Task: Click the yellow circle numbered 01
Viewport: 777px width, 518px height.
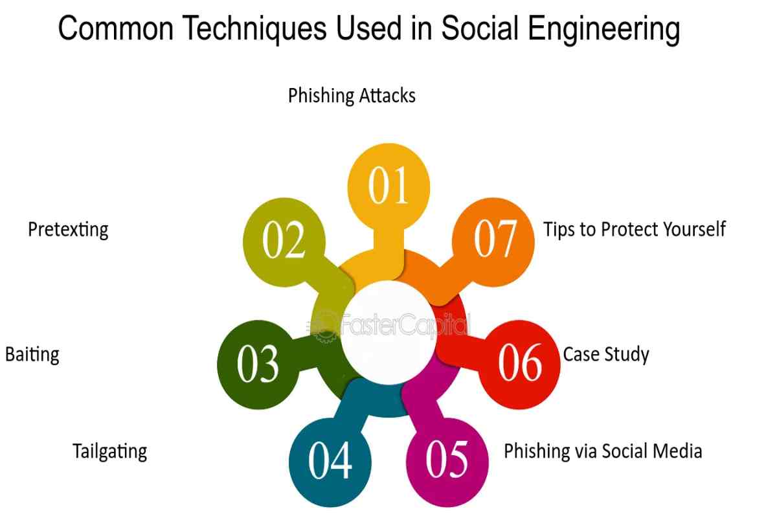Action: [388, 186]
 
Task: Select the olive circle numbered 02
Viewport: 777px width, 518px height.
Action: [284, 242]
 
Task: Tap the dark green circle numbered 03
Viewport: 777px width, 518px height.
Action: [258, 365]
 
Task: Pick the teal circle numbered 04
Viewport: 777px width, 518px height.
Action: [330, 462]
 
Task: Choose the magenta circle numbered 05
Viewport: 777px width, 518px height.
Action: [447, 462]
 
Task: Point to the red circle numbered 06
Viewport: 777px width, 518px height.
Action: [519, 365]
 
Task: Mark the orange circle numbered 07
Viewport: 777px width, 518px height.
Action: [493, 242]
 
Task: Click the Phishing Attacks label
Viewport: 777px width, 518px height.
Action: [352, 96]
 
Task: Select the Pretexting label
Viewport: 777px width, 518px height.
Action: [68, 230]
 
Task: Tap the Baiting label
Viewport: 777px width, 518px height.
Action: [32, 355]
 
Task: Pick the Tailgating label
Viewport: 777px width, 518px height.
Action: [109, 451]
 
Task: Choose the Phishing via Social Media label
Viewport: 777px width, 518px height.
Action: [603, 451]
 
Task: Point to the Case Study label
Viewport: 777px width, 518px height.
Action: [605, 355]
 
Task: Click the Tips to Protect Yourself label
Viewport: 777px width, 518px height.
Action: [635, 229]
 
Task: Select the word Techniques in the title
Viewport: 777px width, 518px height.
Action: [254, 28]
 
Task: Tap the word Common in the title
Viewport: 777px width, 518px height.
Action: [115, 28]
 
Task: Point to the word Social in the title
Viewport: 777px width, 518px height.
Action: [480, 28]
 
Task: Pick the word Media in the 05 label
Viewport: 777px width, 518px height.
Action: [676, 451]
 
